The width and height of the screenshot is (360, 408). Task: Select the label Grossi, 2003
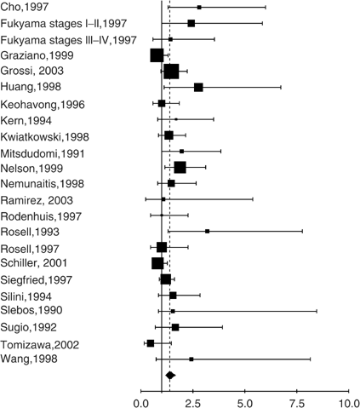(x=32, y=71)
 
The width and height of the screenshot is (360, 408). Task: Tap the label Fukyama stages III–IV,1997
(x=69, y=40)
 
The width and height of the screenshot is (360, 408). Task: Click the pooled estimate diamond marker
(x=169, y=375)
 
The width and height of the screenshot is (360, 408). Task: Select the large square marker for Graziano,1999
(x=157, y=55)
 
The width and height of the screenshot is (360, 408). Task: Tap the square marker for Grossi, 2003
(x=171, y=72)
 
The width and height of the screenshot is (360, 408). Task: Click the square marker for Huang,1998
(x=198, y=87)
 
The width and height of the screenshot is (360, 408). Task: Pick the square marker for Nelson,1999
(x=180, y=167)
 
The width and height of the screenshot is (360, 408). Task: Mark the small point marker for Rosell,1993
(x=207, y=231)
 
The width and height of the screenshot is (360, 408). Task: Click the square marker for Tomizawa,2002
(x=151, y=342)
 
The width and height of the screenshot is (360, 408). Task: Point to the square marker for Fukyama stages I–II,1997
(x=191, y=23)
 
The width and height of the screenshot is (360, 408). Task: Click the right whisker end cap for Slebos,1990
(x=317, y=311)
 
